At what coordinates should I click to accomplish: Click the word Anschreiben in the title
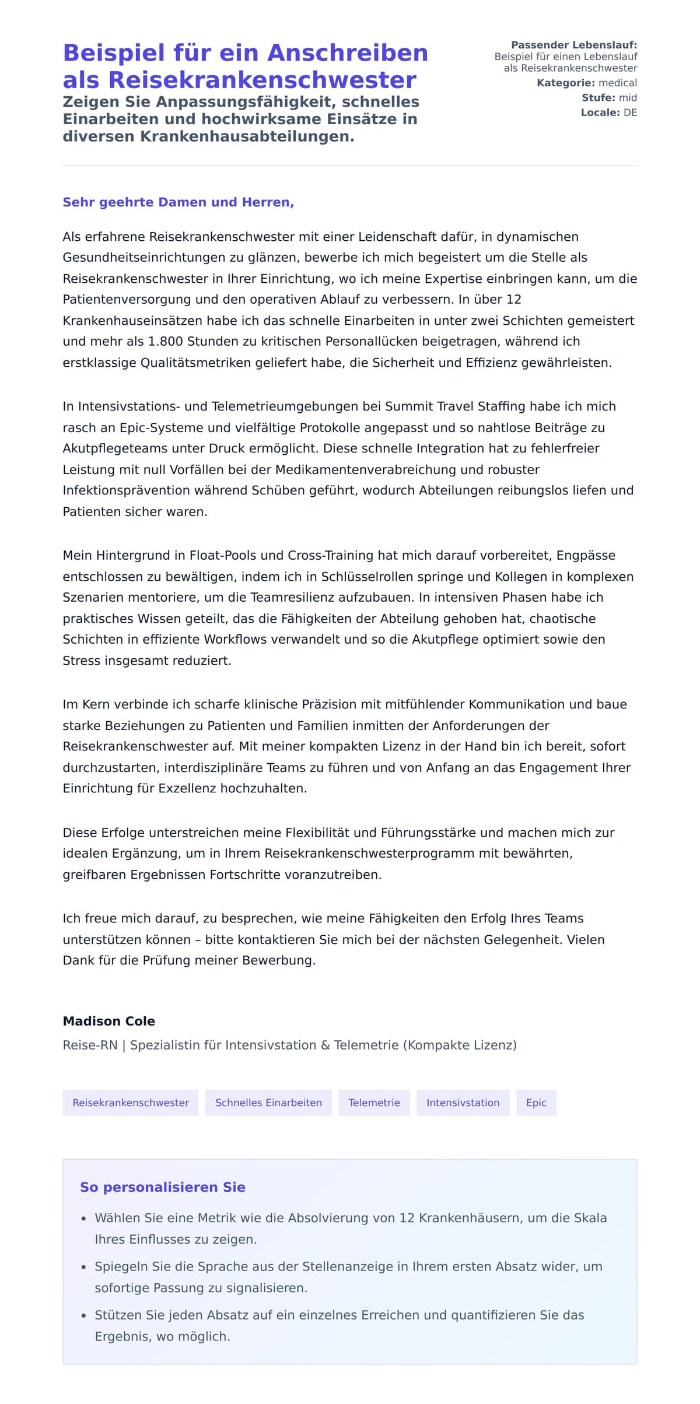(x=348, y=53)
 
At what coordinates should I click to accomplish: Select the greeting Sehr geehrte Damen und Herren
(x=178, y=202)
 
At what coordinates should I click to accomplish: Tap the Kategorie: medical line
(x=586, y=83)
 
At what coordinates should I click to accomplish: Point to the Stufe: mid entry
(x=609, y=98)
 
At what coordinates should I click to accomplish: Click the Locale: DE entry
(x=608, y=113)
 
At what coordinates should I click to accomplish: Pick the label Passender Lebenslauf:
(x=574, y=45)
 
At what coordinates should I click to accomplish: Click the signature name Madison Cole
(x=109, y=1021)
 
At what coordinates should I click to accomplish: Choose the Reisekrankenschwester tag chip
(x=131, y=1103)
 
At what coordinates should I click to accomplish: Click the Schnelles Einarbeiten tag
(x=268, y=1103)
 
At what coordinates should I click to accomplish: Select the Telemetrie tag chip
(x=374, y=1103)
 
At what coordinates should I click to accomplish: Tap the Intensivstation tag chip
(x=463, y=1103)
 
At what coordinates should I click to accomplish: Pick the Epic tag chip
(x=536, y=1103)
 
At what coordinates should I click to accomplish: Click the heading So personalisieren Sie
(x=163, y=1187)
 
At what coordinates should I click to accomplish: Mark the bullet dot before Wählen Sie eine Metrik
(x=84, y=1219)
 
